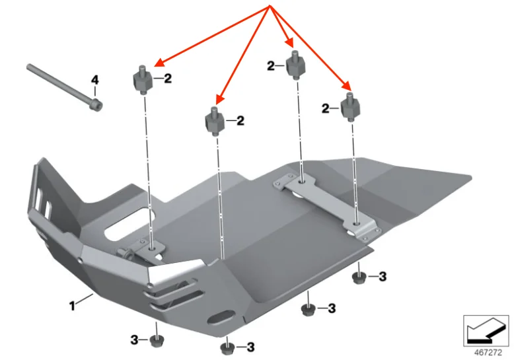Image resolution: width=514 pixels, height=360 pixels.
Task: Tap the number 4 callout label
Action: coord(94,80)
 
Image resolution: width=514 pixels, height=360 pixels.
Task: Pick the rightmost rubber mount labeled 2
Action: coord(349,108)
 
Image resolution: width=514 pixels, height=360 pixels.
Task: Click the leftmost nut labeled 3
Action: coord(156,340)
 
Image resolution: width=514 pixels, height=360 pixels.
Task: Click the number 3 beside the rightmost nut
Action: coord(383,276)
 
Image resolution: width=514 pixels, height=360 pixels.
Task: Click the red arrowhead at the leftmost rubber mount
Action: coord(156,63)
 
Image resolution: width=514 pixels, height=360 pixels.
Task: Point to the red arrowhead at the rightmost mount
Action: coord(348,86)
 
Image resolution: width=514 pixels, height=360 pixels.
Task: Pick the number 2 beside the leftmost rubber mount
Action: coord(168,79)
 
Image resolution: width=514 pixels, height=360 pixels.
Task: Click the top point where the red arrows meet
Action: coord(269,7)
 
